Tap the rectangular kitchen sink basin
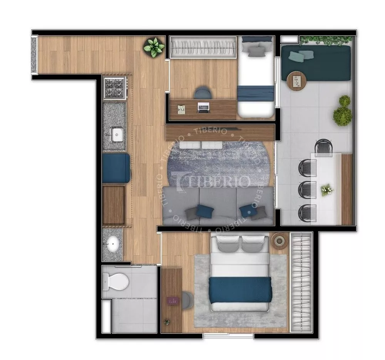[x=117, y=134]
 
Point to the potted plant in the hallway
[x=154, y=47]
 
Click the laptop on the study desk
[x=203, y=107]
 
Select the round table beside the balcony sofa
[x=296, y=81]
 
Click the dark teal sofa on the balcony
[x=316, y=63]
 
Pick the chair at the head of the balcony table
[x=323, y=147]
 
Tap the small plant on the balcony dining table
[x=327, y=189]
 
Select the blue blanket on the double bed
[x=240, y=289]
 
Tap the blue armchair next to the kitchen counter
[x=116, y=168]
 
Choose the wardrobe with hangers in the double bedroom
[x=301, y=282]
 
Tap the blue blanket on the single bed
[x=256, y=93]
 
